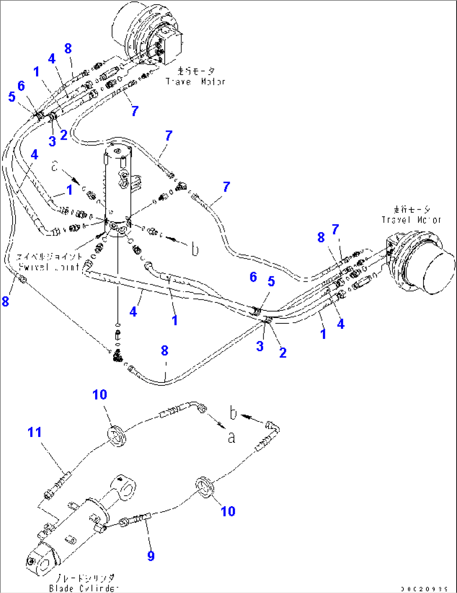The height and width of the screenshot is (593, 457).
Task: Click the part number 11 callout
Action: (34, 432)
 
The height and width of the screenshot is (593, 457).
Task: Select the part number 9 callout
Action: (151, 556)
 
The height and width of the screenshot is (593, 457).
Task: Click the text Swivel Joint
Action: (49, 267)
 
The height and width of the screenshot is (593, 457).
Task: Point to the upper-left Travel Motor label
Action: (195, 82)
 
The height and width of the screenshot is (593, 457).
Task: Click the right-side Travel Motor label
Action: (411, 219)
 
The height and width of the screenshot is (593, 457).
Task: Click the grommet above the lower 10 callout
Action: (205, 487)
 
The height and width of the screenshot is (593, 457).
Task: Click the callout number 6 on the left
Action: (21, 86)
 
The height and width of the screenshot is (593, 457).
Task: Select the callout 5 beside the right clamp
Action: (271, 281)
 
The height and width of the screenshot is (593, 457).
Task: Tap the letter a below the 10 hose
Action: (231, 438)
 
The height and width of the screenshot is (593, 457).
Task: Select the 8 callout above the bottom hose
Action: (164, 351)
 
